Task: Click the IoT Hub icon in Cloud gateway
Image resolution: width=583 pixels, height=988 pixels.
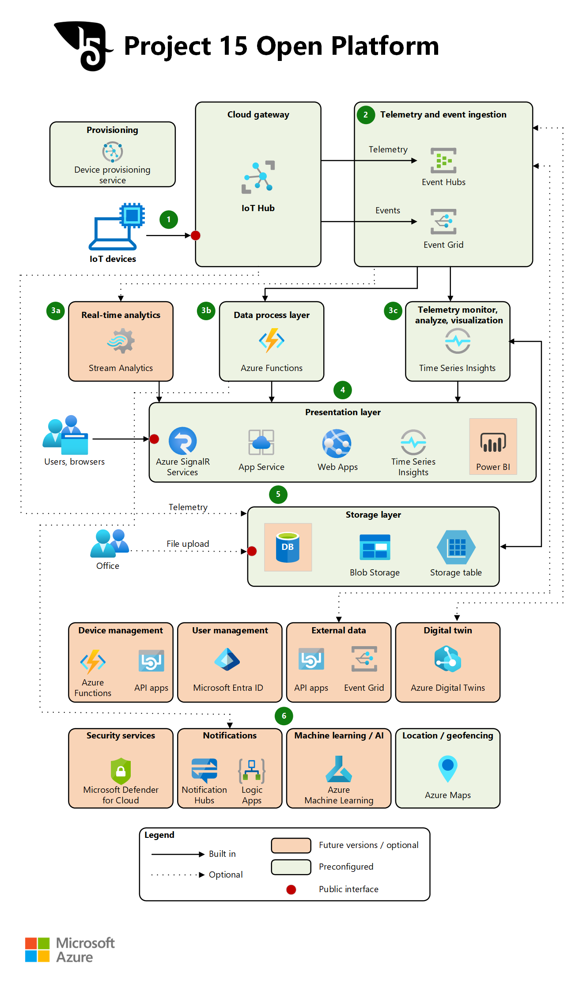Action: pos(258,177)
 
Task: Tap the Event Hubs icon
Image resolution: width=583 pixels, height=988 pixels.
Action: pos(443,160)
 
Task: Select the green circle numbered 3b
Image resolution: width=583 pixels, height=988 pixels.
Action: pos(206,310)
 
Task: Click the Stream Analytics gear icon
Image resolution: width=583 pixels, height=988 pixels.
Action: pos(121,341)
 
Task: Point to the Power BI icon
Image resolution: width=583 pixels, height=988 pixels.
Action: pos(493,443)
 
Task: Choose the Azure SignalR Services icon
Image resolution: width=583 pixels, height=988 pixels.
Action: pos(182,441)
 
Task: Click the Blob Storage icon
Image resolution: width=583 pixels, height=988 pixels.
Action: pos(375,547)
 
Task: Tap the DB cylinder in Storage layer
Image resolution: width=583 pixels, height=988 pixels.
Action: pos(288,547)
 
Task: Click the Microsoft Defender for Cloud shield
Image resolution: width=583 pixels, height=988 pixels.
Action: pos(121,771)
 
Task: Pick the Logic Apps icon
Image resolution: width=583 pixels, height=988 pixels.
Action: pos(252,771)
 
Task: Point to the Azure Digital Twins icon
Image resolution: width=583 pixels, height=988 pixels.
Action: pos(448,659)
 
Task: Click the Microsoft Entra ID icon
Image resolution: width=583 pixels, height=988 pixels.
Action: pos(227,659)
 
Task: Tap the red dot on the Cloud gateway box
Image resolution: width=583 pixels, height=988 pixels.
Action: pos(196,235)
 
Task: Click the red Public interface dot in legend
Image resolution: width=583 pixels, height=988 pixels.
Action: pos(291,890)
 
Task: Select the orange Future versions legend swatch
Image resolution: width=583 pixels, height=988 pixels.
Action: pos(291,845)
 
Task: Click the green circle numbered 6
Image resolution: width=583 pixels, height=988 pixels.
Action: pos(284,716)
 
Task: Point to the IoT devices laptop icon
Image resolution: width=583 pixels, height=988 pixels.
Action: pos(117,227)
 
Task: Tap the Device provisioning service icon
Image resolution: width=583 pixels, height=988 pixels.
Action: pos(113,152)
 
